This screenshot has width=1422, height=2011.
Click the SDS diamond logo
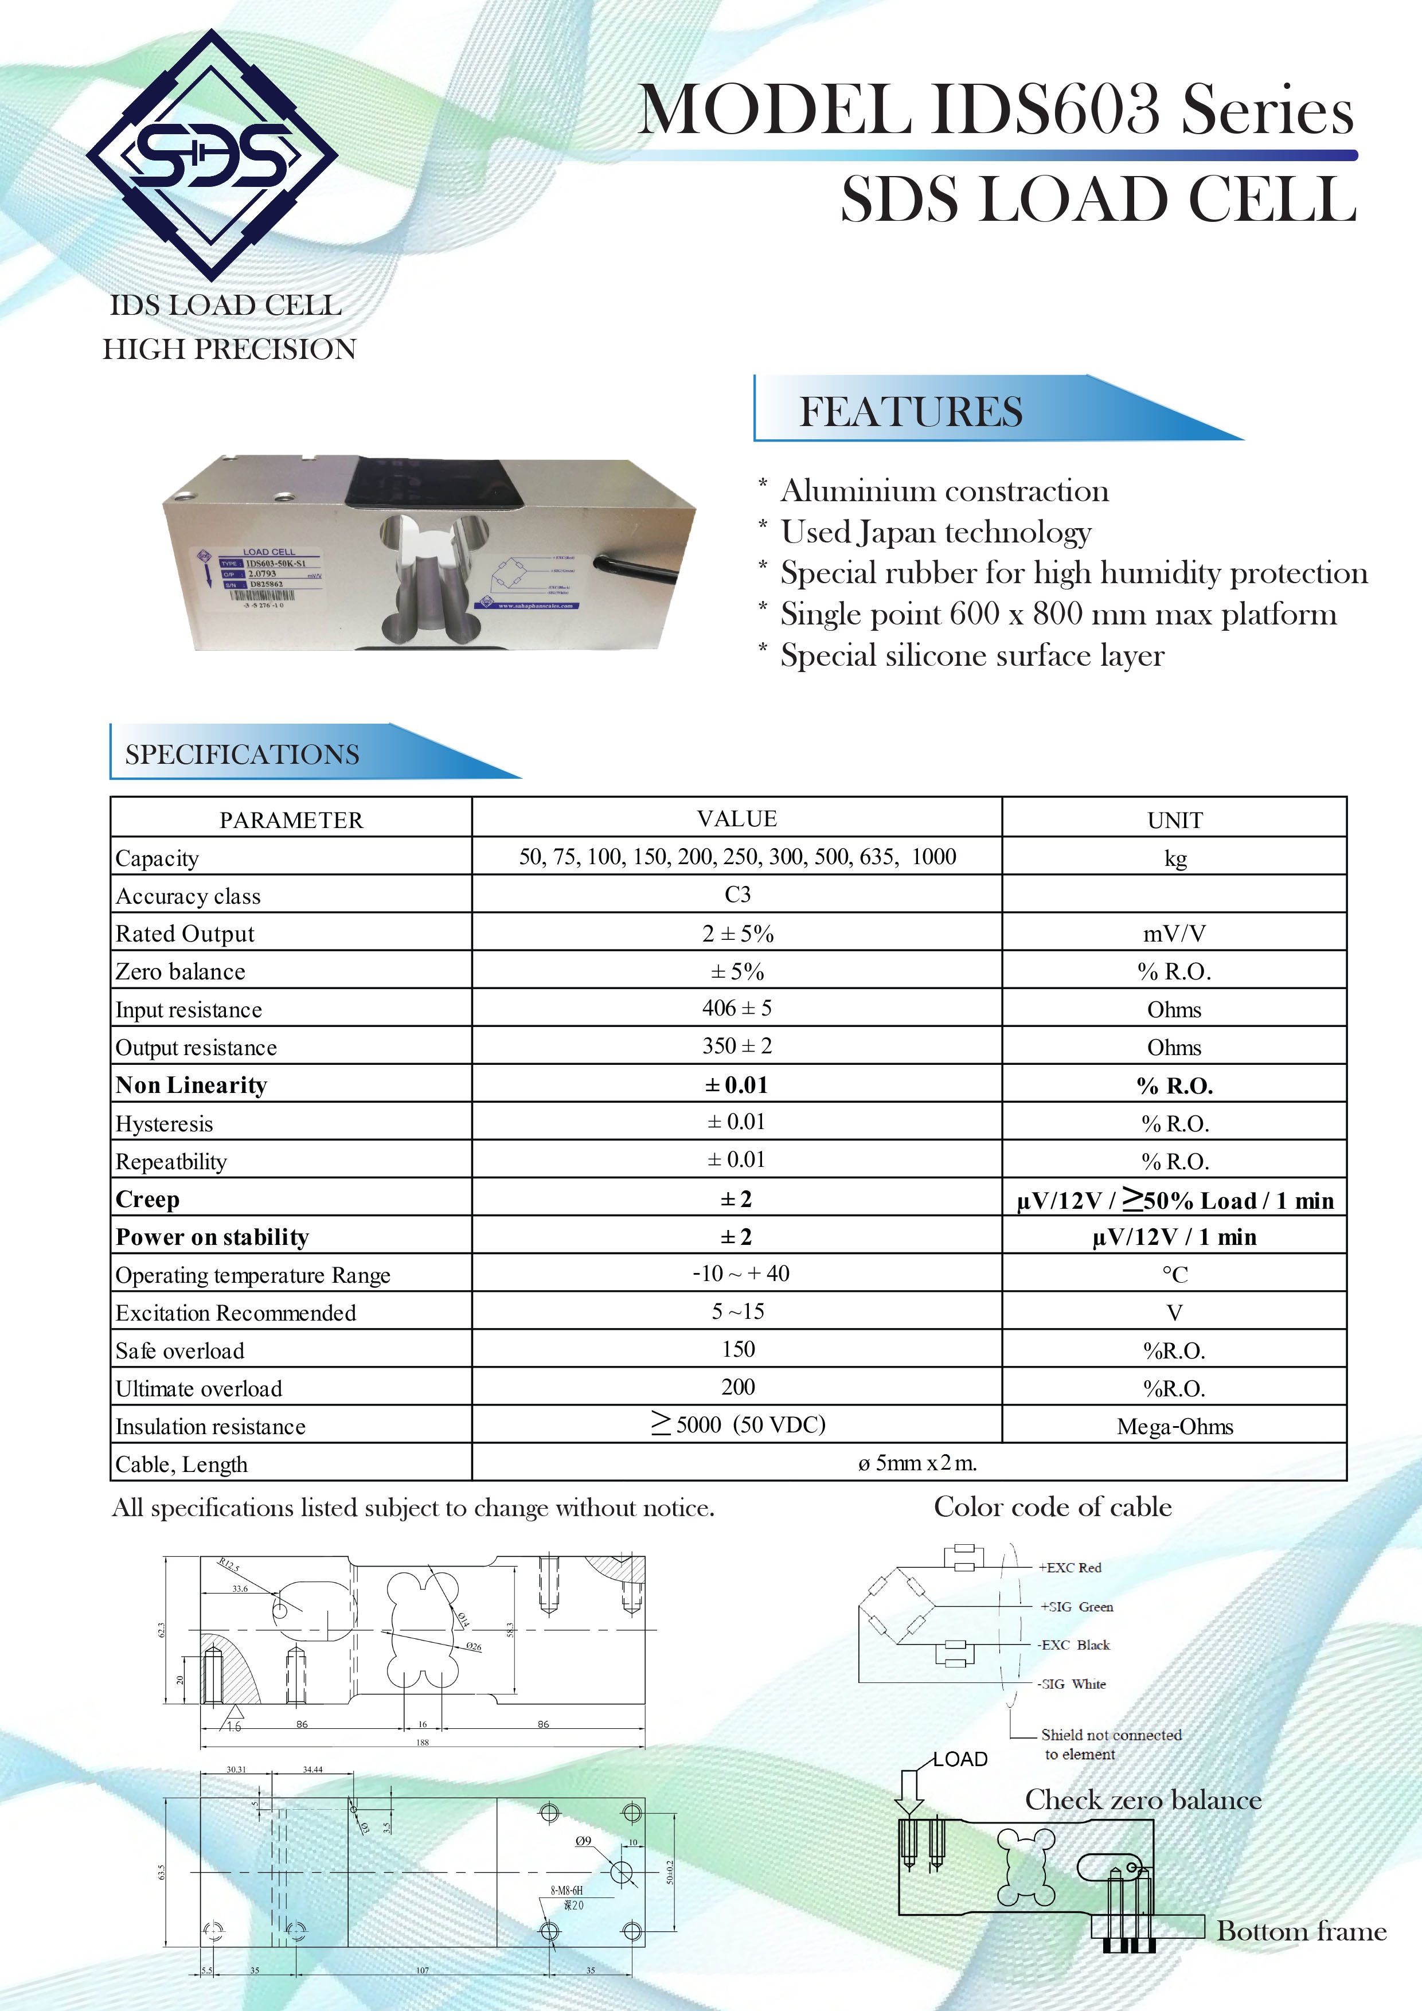212,154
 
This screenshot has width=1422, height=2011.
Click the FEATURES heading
911,412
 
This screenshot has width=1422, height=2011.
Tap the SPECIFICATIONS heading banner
243,754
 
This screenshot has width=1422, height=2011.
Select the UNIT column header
1174,820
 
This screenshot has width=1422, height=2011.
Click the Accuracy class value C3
737,895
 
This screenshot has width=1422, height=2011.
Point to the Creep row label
148,1199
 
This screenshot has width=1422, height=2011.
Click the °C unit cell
1174,1274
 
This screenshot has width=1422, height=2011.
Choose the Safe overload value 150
738,1350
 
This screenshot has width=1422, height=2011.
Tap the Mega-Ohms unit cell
1174,1427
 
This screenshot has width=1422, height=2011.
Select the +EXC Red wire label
1069,1568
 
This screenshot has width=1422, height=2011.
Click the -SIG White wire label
1072,1684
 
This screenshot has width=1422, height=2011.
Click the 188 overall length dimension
422,1742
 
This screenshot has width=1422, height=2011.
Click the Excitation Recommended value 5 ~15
737,1312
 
